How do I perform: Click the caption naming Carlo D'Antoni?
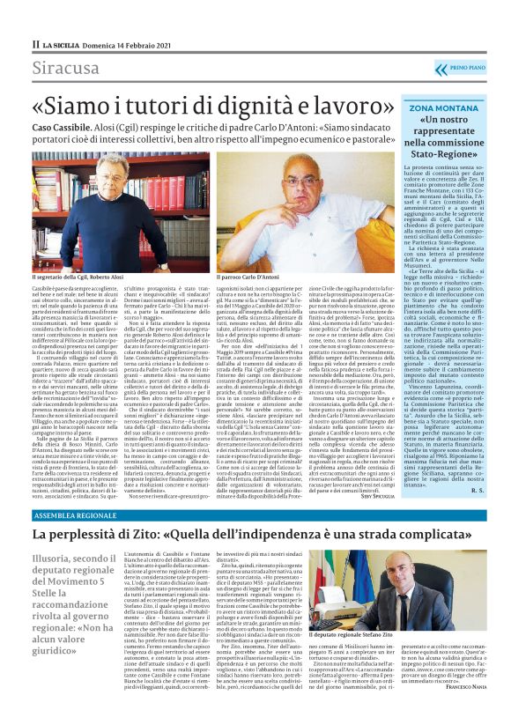tap(254, 276)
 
